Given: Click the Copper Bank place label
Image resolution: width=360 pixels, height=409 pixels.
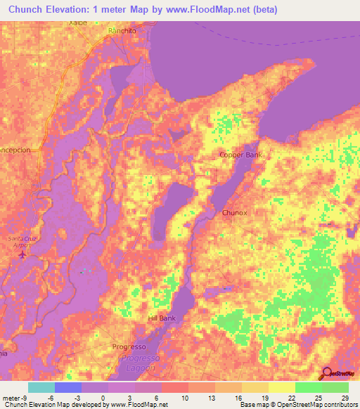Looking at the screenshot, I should (240, 155).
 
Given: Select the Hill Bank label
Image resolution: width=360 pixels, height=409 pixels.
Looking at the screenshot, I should (162, 318).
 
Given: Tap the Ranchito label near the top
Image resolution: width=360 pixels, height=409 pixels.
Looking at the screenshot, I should (122, 32).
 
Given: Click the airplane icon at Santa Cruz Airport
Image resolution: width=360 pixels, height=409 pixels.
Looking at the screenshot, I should (22, 254).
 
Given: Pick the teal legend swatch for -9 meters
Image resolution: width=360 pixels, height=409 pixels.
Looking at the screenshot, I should (41, 387).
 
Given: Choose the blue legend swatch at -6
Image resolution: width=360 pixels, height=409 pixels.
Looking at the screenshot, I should (67, 387).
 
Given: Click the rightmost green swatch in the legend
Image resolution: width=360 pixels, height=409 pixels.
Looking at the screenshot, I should (335, 387).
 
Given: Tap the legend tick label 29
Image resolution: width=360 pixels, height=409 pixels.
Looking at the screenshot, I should (344, 397).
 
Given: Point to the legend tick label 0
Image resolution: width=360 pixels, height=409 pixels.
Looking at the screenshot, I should (103, 397).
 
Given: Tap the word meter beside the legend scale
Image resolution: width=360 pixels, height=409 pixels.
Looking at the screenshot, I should (12, 397).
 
